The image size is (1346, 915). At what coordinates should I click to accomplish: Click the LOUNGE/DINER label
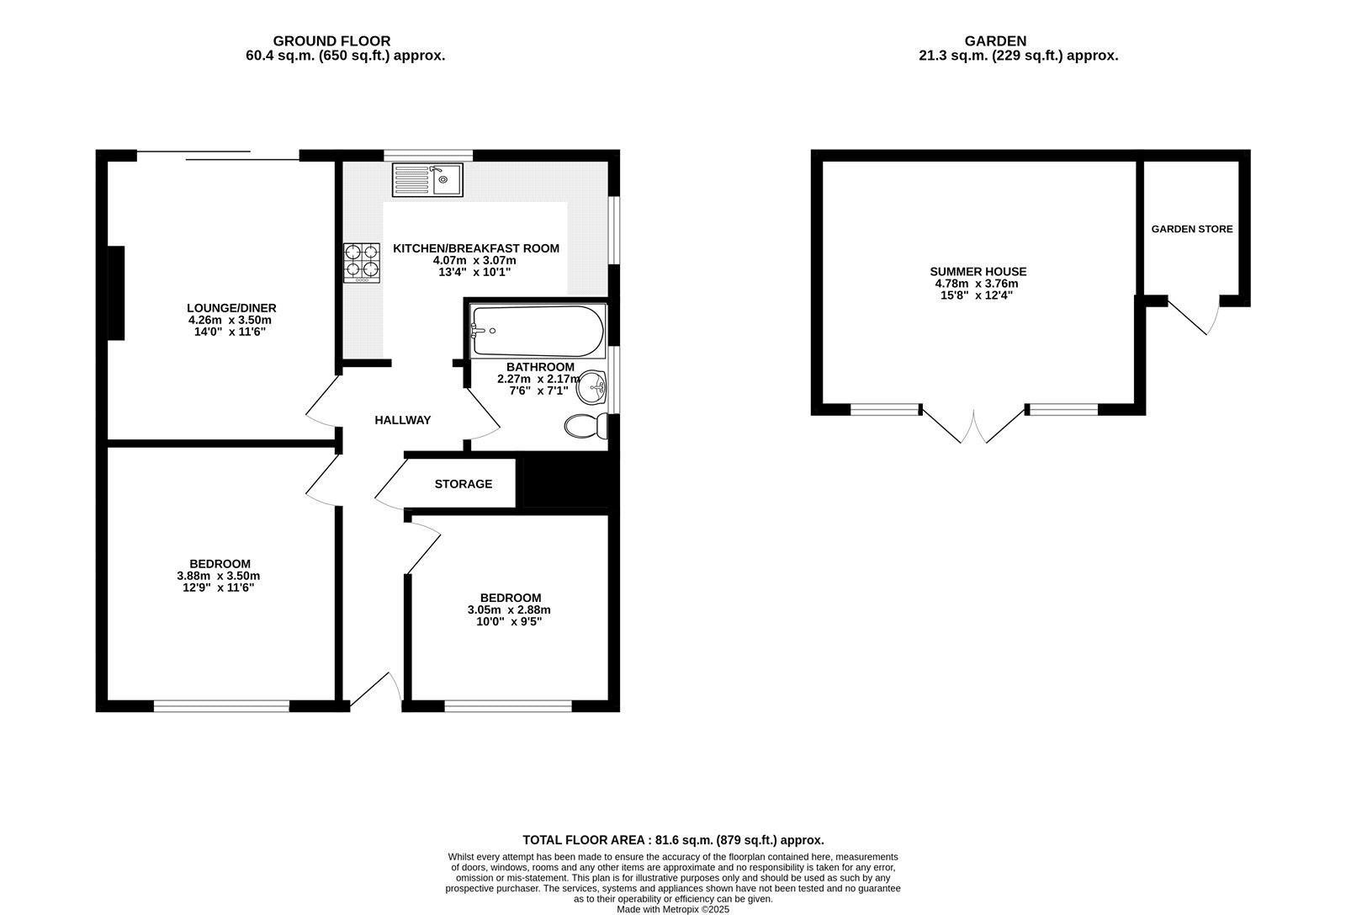click(231, 308)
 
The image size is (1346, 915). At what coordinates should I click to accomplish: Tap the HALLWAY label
click(402, 420)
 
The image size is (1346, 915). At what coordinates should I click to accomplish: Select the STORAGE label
click(463, 484)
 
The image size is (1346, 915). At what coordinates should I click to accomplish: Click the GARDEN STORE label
click(1192, 229)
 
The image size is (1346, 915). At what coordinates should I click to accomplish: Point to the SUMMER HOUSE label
click(978, 272)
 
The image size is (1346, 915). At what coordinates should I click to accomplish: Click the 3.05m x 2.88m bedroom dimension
click(509, 610)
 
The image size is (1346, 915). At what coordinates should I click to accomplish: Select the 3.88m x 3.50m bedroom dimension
click(219, 576)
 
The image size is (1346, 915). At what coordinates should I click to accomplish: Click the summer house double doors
click(974, 425)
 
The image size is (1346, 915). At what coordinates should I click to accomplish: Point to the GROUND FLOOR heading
click(331, 40)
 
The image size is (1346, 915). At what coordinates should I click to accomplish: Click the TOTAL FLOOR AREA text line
click(673, 840)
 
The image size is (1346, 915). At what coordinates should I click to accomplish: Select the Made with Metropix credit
click(673, 909)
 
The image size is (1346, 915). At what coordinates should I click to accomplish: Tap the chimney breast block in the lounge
click(116, 293)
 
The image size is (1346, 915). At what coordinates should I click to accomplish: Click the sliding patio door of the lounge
click(218, 155)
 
